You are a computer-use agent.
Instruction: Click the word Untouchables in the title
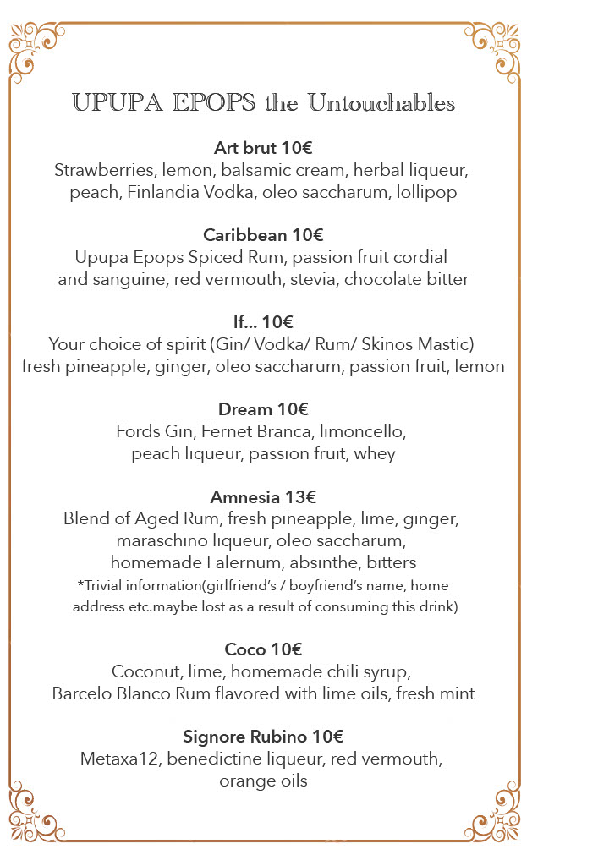(x=381, y=104)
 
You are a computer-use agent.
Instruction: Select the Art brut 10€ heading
(x=263, y=148)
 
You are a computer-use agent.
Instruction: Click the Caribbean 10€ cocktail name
(x=263, y=235)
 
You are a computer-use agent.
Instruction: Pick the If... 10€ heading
(x=263, y=322)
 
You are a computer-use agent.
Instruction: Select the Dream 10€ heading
(x=263, y=409)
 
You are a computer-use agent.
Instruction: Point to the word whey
(x=375, y=453)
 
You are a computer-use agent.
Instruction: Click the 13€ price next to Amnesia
(x=300, y=496)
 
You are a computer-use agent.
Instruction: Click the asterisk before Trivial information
(x=80, y=584)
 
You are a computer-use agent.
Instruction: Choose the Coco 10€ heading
(x=263, y=649)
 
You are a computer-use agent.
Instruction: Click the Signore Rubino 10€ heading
(x=263, y=737)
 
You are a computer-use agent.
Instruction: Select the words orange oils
(x=263, y=781)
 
